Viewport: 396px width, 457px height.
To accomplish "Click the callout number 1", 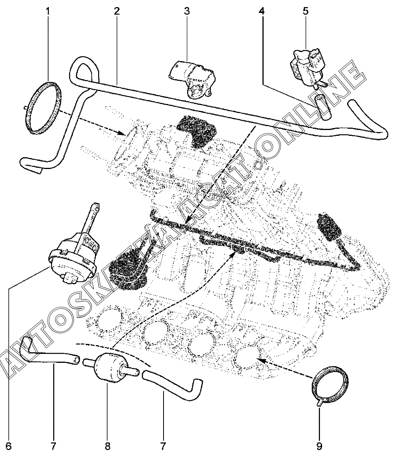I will tap(48, 11).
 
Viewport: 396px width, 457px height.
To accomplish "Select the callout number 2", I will tap(117, 11).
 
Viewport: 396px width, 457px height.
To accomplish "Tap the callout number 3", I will tap(186, 11).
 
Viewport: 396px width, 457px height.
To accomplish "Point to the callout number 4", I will tap(262, 11).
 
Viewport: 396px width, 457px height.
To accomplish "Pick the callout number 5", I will tap(305, 11).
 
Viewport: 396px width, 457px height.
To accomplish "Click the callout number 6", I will tap(9, 446).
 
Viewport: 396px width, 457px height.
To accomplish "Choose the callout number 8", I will tap(107, 446).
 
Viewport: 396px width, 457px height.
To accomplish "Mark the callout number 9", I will tap(319, 446).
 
